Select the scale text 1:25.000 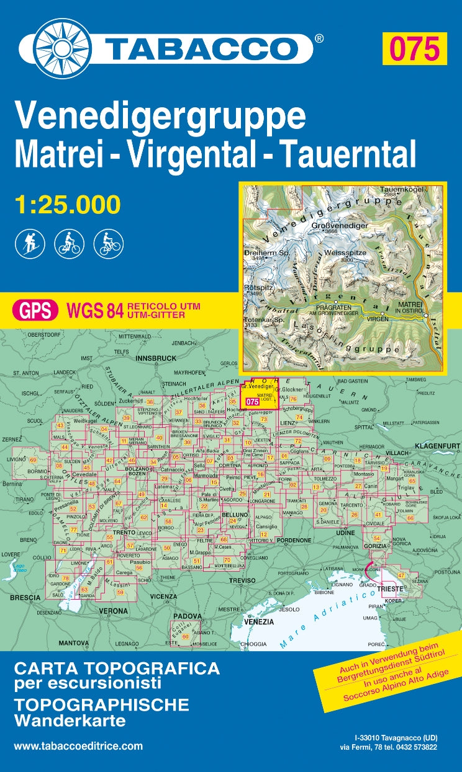point(66,204)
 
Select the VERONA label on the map point(114,610)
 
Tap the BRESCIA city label point(25,598)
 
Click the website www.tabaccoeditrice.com point(78,747)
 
